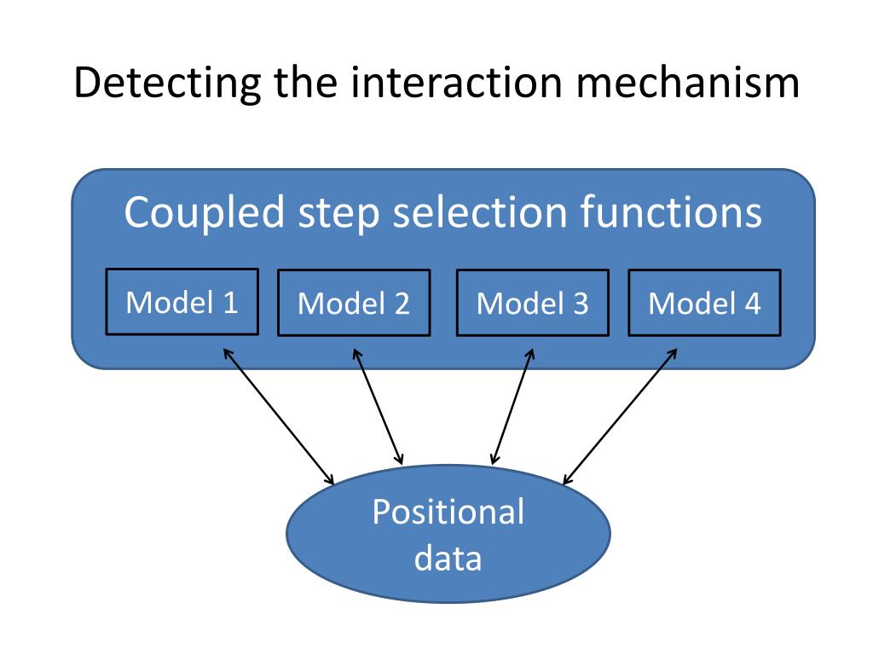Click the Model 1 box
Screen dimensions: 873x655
(x=182, y=301)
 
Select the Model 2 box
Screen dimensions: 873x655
(x=354, y=303)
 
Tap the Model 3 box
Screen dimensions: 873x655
(x=533, y=303)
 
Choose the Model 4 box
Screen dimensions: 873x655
(x=705, y=303)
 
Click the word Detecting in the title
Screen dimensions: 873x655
(x=168, y=84)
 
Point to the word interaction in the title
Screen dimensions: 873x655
(x=457, y=83)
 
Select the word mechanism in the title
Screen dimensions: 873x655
(x=688, y=83)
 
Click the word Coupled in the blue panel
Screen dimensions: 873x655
(x=205, y=212)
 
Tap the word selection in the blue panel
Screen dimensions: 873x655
(x=480, y=212)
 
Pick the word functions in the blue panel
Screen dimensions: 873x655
(x=671, y=212)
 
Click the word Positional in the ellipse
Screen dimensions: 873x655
(x=448, y=512)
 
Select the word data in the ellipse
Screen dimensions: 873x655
(x=448, y=558)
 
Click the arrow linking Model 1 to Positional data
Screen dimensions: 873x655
(x=279, y=416)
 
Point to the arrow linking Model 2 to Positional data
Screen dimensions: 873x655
(x=378, y=407)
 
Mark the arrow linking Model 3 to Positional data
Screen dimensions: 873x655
(x=512, y=407)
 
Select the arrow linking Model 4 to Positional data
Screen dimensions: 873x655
(x=620, y=416)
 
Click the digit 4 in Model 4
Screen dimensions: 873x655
(x=753, y=304)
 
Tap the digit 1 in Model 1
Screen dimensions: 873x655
(x=230, y=303)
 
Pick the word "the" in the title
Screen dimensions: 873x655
(x=306, y=83)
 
